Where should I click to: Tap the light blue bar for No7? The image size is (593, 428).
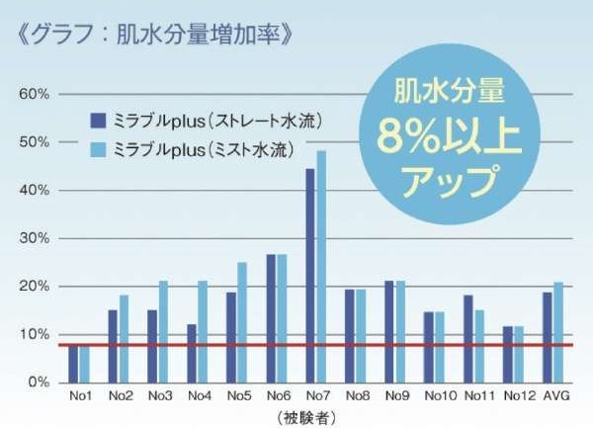click(x=321, y=266)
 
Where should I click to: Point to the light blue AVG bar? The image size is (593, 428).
click(x=559, y=332)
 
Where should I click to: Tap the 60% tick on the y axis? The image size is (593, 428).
click(x=34, y=94)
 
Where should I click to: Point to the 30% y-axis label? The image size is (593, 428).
click(x=34, y=238)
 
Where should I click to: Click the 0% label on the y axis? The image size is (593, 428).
click(x=37, y=383)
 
